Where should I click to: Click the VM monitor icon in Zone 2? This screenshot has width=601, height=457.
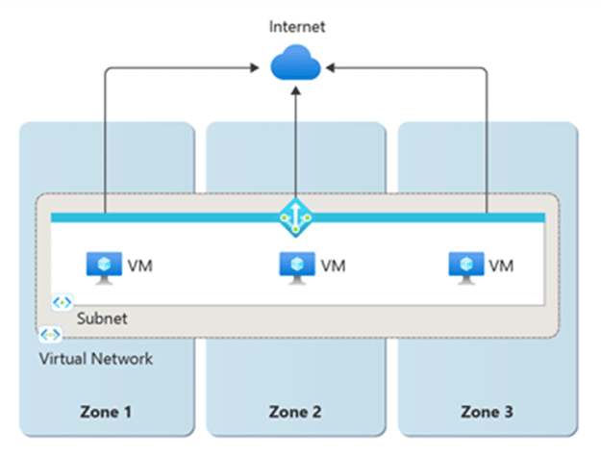tap(296, 264)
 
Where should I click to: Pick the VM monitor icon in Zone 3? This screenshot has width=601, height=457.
tap(465, 264)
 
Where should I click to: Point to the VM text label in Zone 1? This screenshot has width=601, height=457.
tap(138, 265)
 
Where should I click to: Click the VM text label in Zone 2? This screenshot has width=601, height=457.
tap(333, 265)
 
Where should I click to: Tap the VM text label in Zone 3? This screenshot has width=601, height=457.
tap(501, 265)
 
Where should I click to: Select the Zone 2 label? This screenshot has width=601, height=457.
tap(296, 413)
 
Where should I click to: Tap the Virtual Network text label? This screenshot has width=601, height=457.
tap(96, 358)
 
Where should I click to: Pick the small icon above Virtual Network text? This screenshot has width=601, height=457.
tap(50, 335)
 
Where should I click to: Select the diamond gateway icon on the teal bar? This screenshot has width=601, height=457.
tap(295, 218)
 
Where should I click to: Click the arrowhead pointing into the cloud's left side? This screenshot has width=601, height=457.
tap(261, 68)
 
